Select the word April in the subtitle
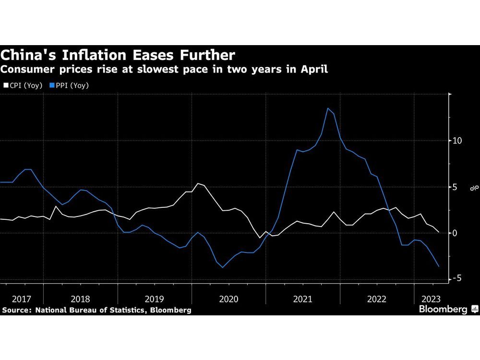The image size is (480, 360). (x=314, y=69)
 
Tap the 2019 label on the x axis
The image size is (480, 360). (x=154, y=299)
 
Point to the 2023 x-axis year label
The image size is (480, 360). (x=429, y=299)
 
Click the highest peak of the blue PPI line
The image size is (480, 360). (x=328, y=108)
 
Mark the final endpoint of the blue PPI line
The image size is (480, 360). (x=438, y=266)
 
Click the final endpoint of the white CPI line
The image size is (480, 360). (x=438, y=232)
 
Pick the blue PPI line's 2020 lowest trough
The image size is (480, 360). (x=223, y=267)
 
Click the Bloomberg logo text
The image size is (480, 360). (x=443, y=310)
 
